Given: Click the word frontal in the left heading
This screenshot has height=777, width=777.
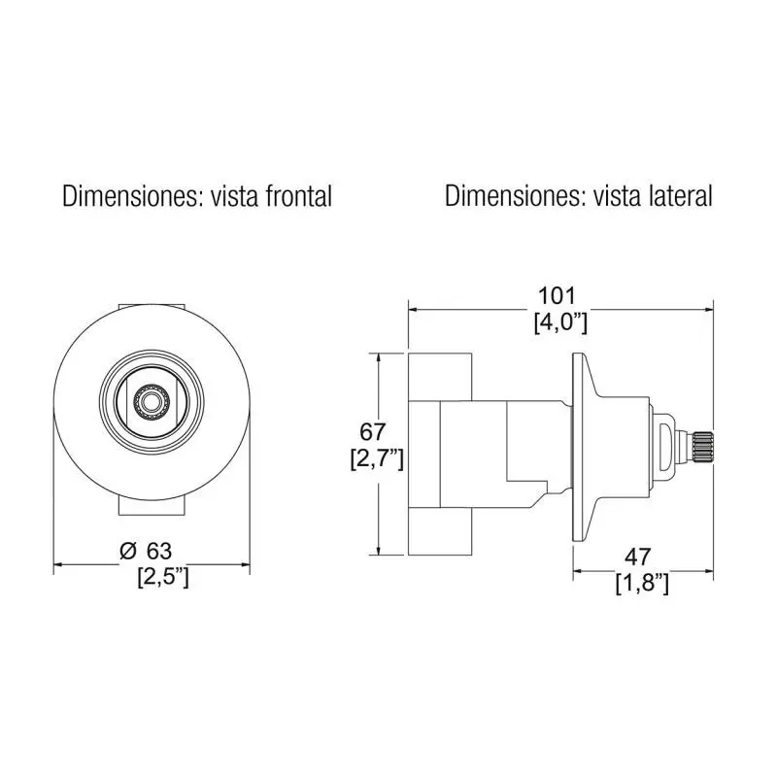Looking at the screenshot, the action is (299, 196).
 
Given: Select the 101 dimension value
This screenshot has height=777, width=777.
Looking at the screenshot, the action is (557, 296).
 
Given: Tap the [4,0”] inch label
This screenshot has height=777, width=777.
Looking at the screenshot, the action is (560, 323).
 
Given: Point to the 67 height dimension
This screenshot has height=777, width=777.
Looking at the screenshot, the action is (372, 432).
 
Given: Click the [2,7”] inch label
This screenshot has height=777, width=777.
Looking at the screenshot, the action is (377, 459).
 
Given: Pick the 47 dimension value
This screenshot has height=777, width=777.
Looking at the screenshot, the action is (638, 557).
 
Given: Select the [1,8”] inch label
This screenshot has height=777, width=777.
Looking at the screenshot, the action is (642, 584).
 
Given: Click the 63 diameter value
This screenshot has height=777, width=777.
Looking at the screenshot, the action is (159, 551).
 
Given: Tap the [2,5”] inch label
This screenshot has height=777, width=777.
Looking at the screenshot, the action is (163, 578).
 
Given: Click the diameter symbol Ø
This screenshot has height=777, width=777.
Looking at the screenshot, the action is (127, 551).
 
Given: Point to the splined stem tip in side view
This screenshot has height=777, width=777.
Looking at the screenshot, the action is (702, 446).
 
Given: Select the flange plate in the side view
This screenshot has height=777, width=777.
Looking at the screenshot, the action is (578, 448).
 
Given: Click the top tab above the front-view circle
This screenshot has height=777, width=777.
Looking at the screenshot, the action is (152, 307).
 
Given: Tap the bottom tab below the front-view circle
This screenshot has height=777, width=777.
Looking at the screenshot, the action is (152, 507).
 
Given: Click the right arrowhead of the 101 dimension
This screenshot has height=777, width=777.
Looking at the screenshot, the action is (709, 310).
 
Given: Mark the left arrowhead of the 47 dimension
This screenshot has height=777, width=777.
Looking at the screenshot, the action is (578, 571).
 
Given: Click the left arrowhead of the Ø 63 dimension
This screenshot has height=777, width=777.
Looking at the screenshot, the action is (58, 564).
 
